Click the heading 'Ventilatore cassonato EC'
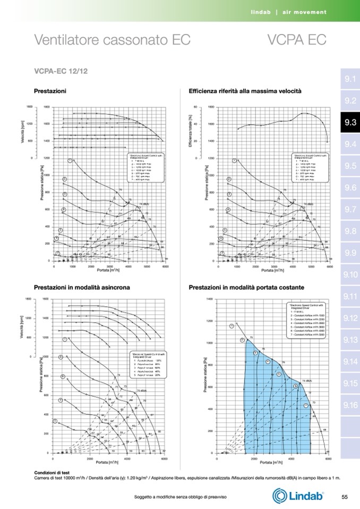112,40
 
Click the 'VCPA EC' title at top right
296,40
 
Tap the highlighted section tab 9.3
350,123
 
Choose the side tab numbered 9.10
350,274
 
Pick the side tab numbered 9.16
350,406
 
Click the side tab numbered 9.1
350,80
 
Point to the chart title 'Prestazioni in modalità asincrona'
82,287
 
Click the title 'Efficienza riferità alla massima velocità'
245,91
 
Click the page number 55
345,496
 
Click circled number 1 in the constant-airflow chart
232,326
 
